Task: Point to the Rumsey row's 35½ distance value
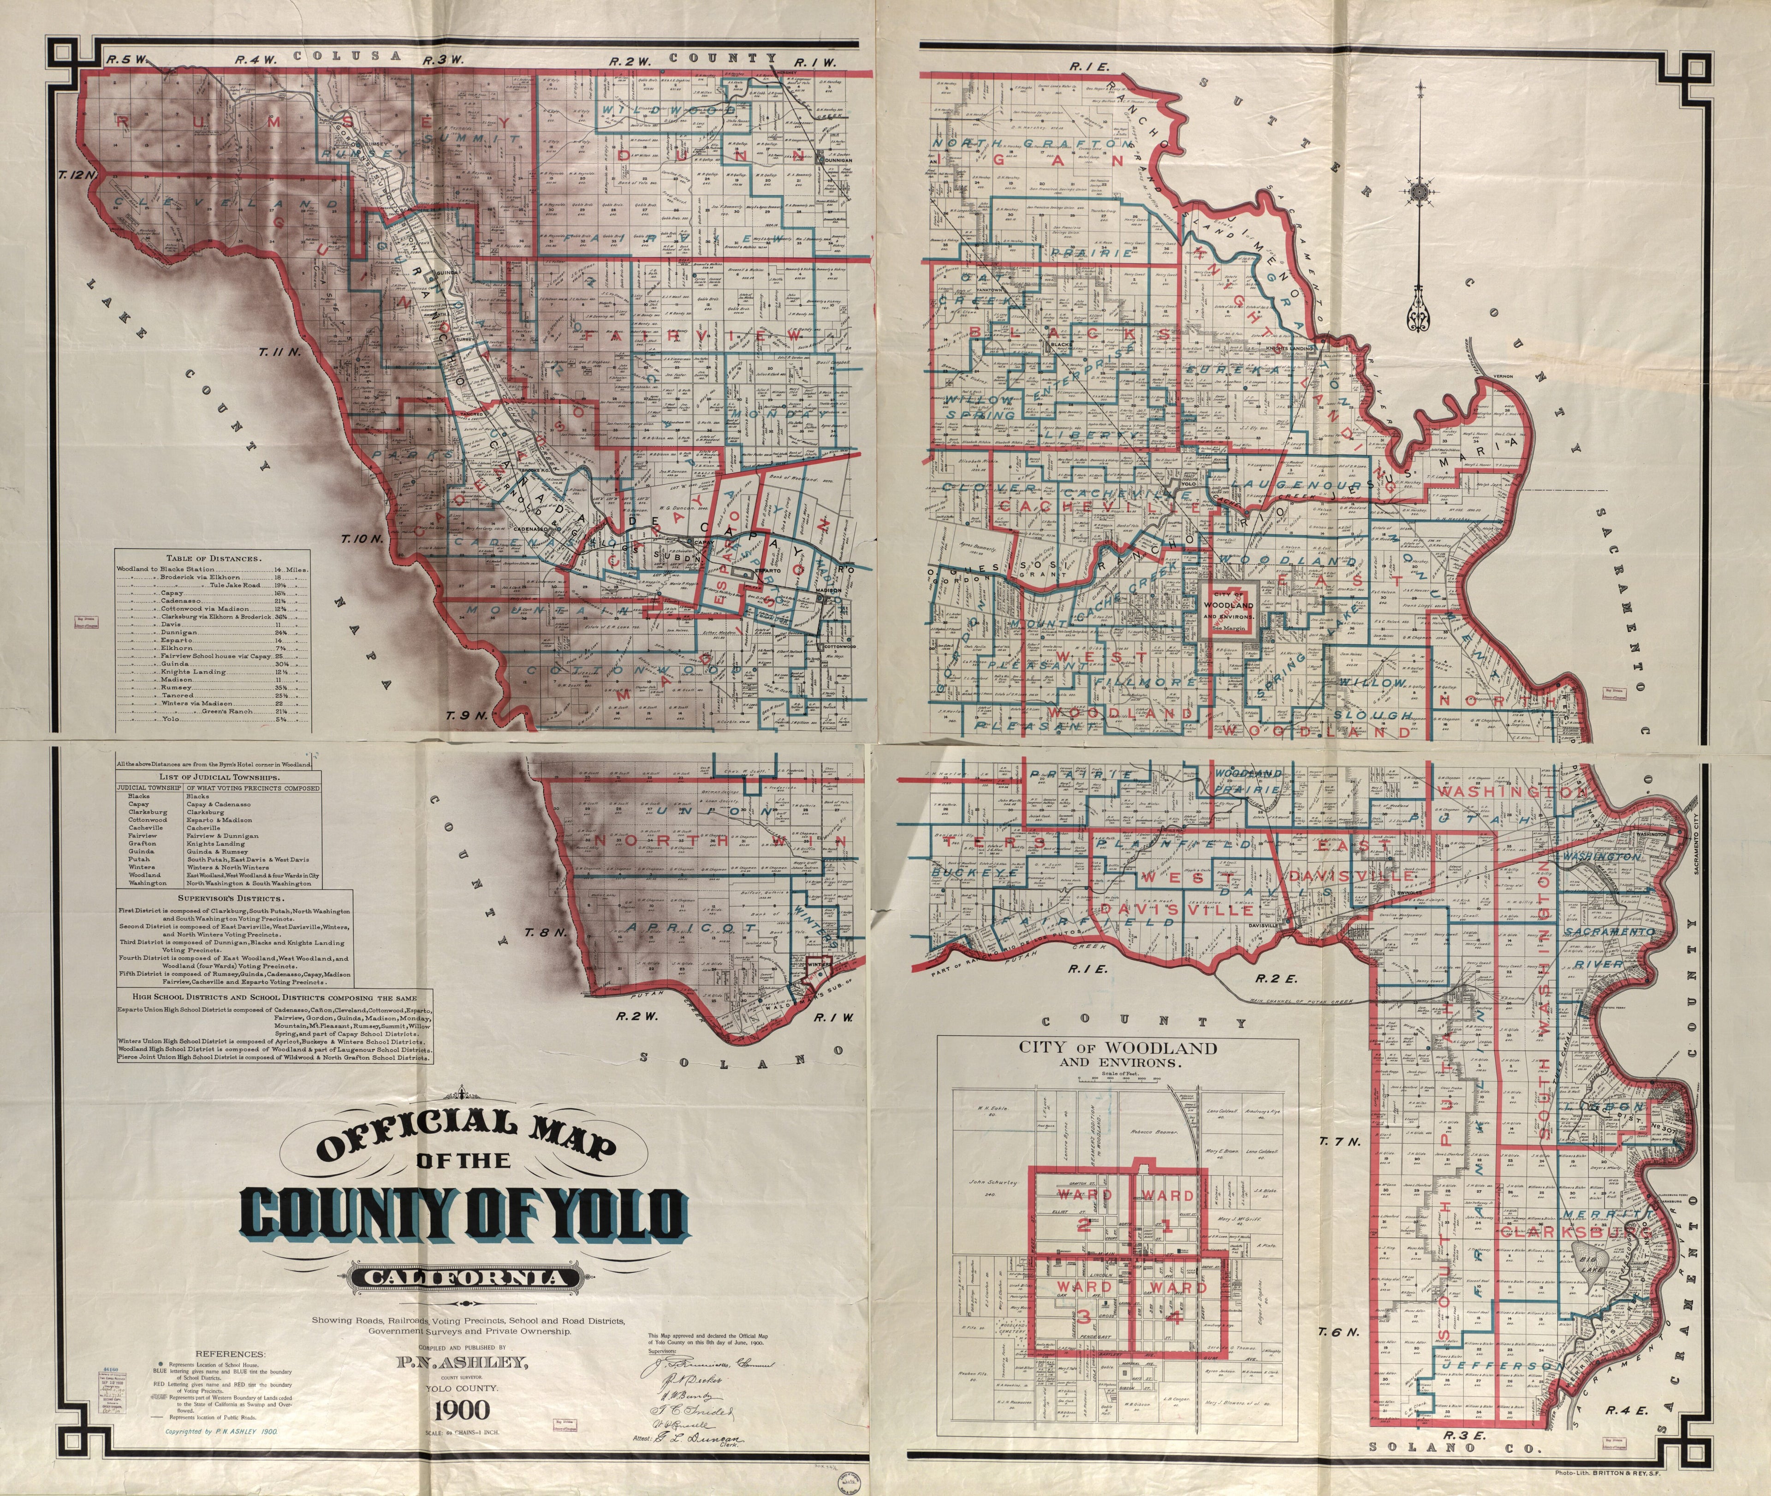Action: (279, 687)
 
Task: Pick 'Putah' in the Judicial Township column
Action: (139, 859)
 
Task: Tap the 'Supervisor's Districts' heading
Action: (231, 898)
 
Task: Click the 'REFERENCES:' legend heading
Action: (230, 1354)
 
